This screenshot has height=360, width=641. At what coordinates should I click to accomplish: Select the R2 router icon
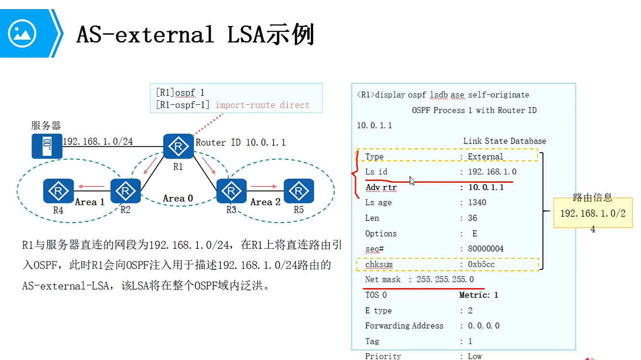(x=125, y=191)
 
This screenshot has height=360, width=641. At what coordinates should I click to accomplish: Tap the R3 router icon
(x=231, y=191)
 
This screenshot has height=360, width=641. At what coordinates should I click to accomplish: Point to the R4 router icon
(x=58, y=191)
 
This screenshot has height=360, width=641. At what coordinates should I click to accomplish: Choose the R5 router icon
(x=299, y=191)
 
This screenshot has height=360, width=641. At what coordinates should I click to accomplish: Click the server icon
(x=47, y=146)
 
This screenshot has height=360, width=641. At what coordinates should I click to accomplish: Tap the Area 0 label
(x=178, y=199)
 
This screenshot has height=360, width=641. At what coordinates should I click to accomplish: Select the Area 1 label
(x=89, y=202)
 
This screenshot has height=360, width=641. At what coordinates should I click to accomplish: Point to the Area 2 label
(x=265, y=202)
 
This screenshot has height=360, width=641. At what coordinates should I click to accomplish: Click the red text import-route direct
(x=262, y=105)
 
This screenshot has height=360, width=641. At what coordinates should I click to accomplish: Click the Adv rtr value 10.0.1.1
(x=486, y=187)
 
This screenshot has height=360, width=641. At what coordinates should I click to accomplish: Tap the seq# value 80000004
(x=486, y=249)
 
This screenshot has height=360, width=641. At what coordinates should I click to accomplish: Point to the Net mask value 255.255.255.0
(x=445, y=279)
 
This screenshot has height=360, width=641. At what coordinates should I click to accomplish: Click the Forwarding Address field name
(x=404, y=326)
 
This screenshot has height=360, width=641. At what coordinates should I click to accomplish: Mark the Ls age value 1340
(x=477, y=202)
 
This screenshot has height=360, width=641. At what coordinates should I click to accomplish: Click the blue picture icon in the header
(x=22, y=33)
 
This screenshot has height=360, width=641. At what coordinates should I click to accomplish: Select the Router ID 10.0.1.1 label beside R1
(x=241, y=143)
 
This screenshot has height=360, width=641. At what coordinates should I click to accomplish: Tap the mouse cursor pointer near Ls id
(x=412, y=181)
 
